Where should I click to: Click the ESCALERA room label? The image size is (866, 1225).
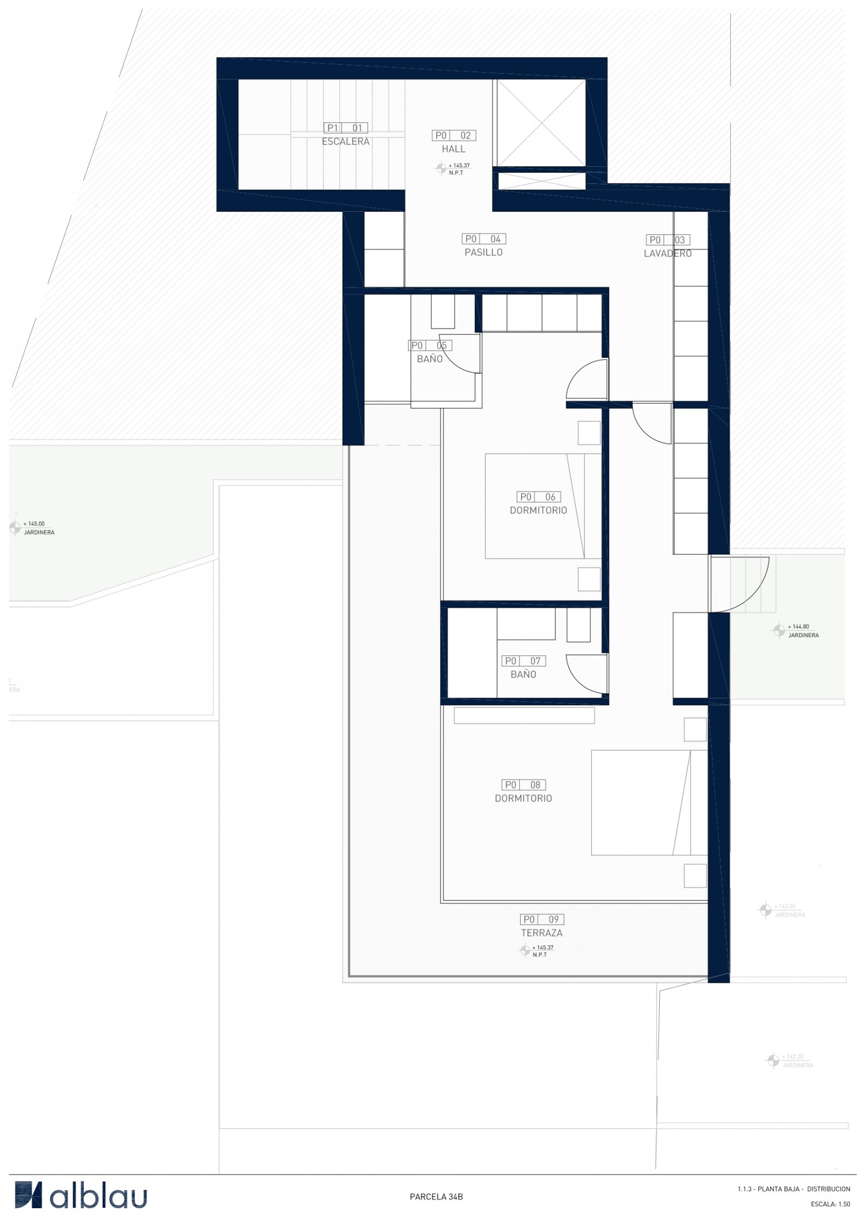[345, 141]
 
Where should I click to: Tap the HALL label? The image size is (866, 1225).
[453, 149]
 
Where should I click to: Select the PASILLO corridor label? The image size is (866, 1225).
[483, 252]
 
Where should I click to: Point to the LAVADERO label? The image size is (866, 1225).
[667, 253]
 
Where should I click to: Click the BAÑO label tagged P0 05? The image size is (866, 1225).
[430, 359]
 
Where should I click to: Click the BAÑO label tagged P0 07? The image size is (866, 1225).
[523, 674]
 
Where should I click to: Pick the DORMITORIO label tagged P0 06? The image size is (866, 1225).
[538, 510]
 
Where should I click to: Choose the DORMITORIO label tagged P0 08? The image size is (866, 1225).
[523, 798]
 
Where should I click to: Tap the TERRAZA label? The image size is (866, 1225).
[541, 933]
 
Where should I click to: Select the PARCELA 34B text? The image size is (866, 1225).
[436, 1197]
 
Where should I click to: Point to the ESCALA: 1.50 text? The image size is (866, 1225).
[830, 1204]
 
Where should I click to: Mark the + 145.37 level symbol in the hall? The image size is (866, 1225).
[441, 168]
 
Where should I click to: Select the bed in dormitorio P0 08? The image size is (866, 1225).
[648, 803]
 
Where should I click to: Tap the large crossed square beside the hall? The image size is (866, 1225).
[541, 123]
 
